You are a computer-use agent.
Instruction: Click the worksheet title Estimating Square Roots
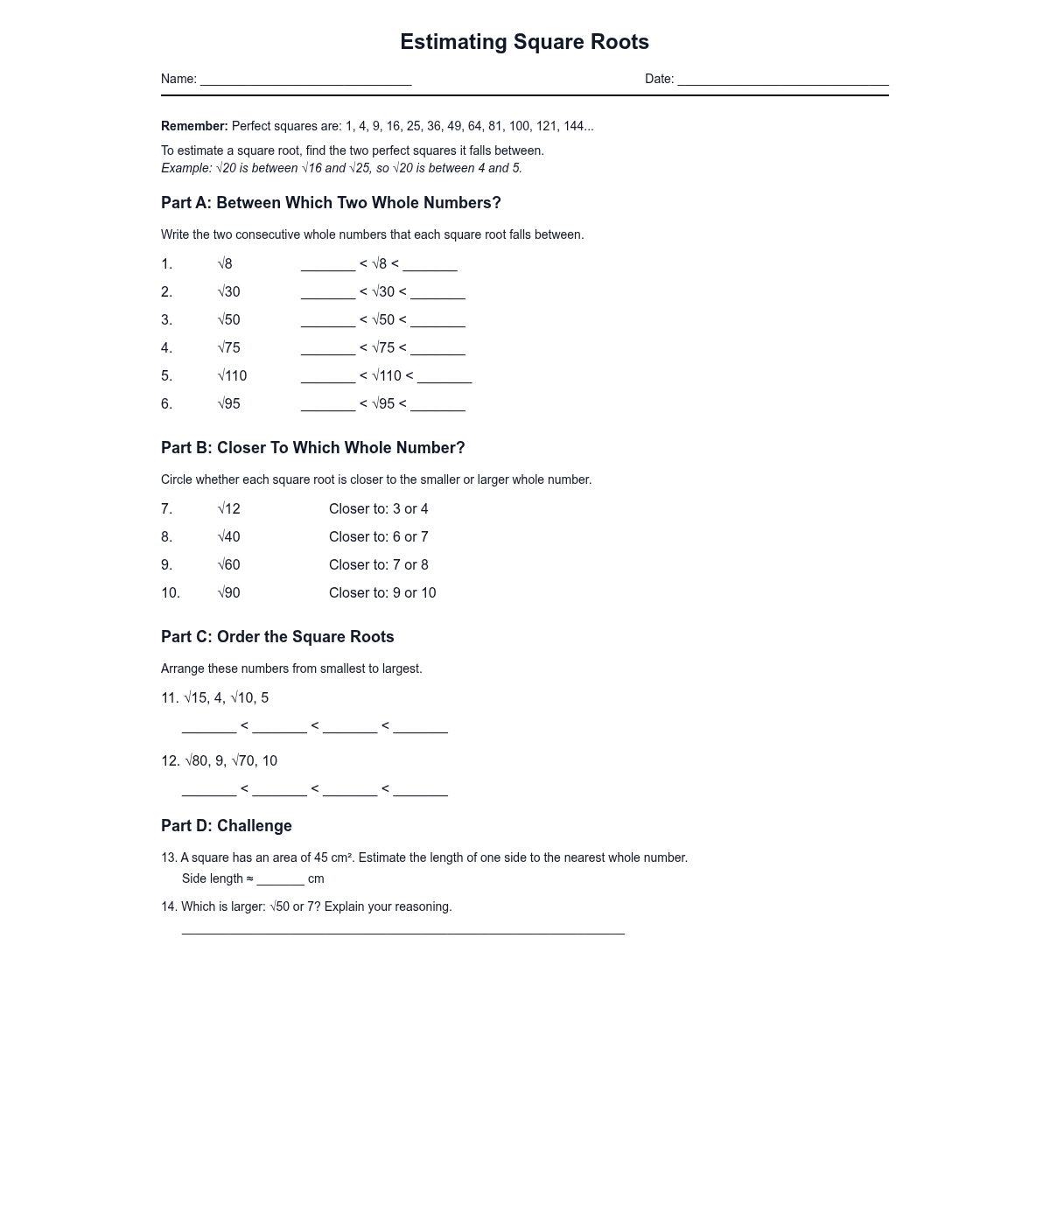click(x=524, y=42)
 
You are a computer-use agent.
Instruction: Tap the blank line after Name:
click(x=305, y=80)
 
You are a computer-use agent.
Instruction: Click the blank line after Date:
click(x=782, y=80)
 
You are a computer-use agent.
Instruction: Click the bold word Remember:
click(x=194, y=126)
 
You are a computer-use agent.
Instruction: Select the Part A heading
click(x=331, y=203)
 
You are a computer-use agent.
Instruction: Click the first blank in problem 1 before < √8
click(x=328, y=265)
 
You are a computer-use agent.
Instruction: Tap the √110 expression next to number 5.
click(x=233, y=376)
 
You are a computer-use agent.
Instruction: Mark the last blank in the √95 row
click(x=437, y=405)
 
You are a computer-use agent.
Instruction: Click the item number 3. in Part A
click(x=167, y=320)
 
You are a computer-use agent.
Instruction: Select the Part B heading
click(x=312, y=448)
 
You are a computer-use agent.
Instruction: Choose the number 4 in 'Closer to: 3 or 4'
click(x=424, y=509)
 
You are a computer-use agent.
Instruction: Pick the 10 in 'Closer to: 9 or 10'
click(x=428, y=593)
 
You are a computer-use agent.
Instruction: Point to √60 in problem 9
click(x=229, y=565)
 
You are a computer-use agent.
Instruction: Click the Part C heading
click(x=277, y=637)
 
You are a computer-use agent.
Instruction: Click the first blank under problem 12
click(x=209, y=790)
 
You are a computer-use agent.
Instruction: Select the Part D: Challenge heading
click(x=227, y=826)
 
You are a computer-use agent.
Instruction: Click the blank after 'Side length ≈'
click(x=280, y=880)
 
